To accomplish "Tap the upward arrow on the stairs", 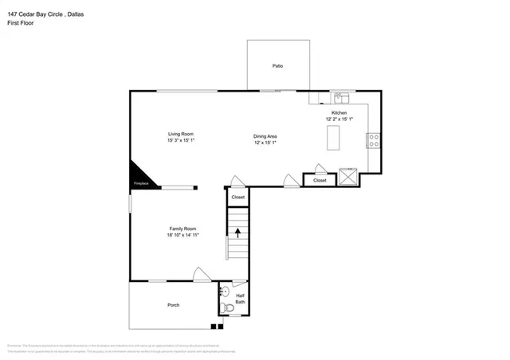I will pyautogui.click(x=237, y=232).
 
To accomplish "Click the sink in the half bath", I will pyautogui.click(x=225, y=292).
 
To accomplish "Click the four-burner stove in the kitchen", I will pyautogui.click(x=372, y=141).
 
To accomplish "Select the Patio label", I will pyautogui.click(x=277, y=66).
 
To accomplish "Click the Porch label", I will pyautogui.click(x=173, y=305).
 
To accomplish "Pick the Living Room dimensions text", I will pyautogui.click(x=180, y=140).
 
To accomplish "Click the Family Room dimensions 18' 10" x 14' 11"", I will pyautogui.click(x=182, y=235).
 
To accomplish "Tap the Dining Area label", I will pyautogui.click(x=265, y=136).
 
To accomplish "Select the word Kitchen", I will pyautogui.click(x=339, y=113).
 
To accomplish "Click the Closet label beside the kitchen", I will pyautogui.click(x=320, y=181).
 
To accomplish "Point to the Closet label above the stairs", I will pyautogui.click(x=238, y=197).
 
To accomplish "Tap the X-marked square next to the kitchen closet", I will pyautogui.click(x=347, y=175).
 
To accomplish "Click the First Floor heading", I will pyautogui.click(x=22, y=23).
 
